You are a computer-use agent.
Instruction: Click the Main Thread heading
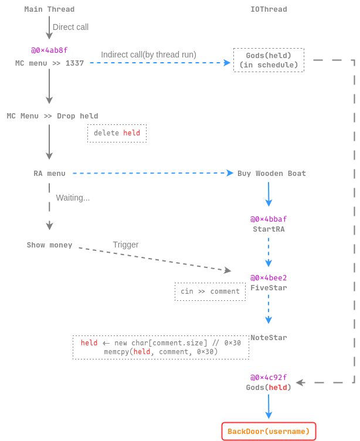pyautogui.click(x=49, y=9)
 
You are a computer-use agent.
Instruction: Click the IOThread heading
pyautogui.click(x=269, y=9)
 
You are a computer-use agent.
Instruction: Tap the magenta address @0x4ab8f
pyautogui.click(x=49, y=51)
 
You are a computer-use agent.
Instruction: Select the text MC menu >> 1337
pyautogui.click(x=49, y=63)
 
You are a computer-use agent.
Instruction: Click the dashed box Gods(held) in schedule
pyautogui.click(x=269, y=60)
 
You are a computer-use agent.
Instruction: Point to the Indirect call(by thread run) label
pyautogui.click(x=148, y=55)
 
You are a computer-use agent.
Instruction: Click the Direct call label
pyautogui.click(x=70, y=27)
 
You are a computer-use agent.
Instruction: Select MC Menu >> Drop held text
pyautogui.click(x=52, y=116)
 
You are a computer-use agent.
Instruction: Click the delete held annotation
pyautogui.click(x=117, y=133)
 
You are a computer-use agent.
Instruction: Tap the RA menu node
pyautogui.click(x=49, y=174)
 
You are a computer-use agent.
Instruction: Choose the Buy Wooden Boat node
pyautogui.click(x=271, y=174)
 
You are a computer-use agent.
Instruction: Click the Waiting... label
pyautogui.click(x=73, y=198)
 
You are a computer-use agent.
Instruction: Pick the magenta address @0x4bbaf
pyautogui.click(x=269, y=219)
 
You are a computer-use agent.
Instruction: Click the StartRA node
pyautogui.click(x=269, y=229)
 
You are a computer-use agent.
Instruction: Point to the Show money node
pyautogui.click(x=49, y=245)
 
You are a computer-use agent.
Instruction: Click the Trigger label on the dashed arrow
pyautogui.click(x=125, y=245)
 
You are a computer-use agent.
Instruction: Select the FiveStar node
pyautogui.click(x=269, y=288)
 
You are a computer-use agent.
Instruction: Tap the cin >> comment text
pyautogui.click(x=210, y=291)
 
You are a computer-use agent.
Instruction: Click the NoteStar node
pyautogui.click(x=269, y=338)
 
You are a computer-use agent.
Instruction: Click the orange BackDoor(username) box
pyautogui.click(x=269, y=432)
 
